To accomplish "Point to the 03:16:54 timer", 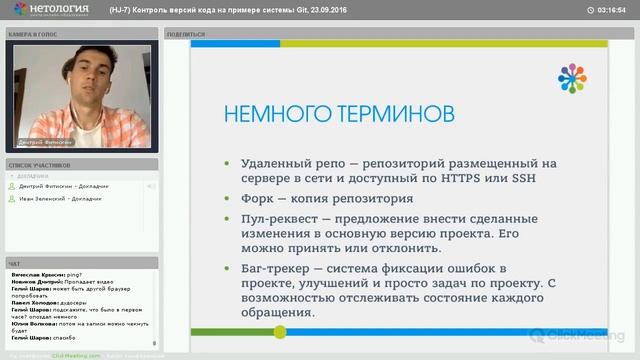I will pos(610,11).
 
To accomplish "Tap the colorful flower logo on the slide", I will pos(572,77).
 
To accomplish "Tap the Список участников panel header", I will pos(40,164).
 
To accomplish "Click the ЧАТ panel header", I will pos(15,263).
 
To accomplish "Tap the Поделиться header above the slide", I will pos(186,33).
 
